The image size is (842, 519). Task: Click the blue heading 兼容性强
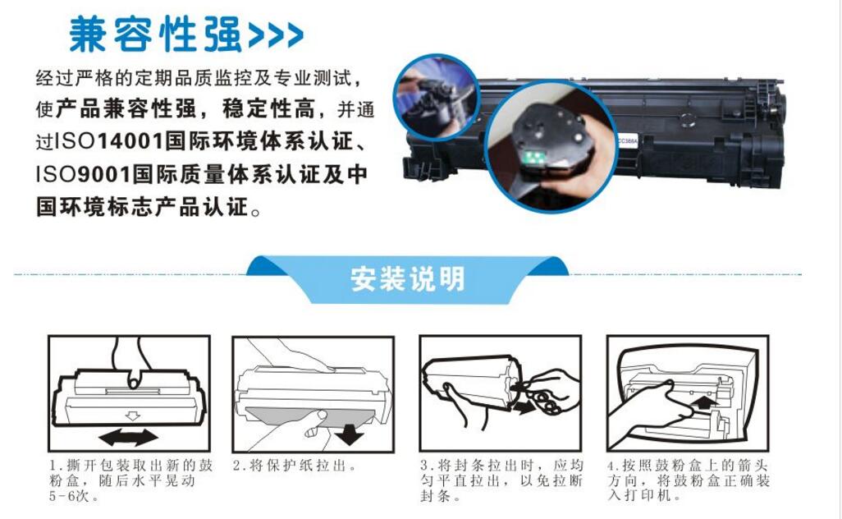[156, 34]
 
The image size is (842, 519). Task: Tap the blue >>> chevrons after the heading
[276, 35]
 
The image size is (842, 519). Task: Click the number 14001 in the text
[130, 142]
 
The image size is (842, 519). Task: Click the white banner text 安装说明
[408, 279]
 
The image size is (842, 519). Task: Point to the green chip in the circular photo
[533, 158]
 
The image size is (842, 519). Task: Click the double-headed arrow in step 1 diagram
[129, 438]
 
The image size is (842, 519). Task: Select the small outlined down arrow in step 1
[132, 416]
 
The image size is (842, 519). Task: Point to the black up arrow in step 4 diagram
[704, 404]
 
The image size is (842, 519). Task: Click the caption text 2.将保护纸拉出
[295, 466]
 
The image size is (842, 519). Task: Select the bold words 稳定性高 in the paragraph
[268, 109]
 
